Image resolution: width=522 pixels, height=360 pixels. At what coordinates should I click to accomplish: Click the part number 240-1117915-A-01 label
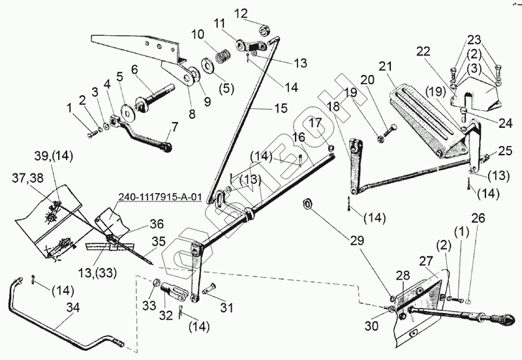[161, 195]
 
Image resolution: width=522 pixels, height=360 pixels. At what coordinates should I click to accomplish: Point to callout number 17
[316, 122]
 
